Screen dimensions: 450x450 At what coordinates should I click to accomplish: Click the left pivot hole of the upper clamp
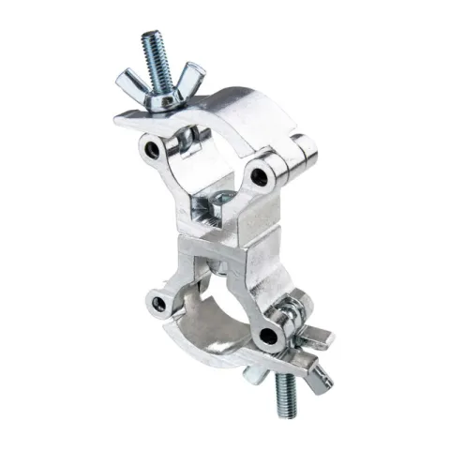coord(151,148)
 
